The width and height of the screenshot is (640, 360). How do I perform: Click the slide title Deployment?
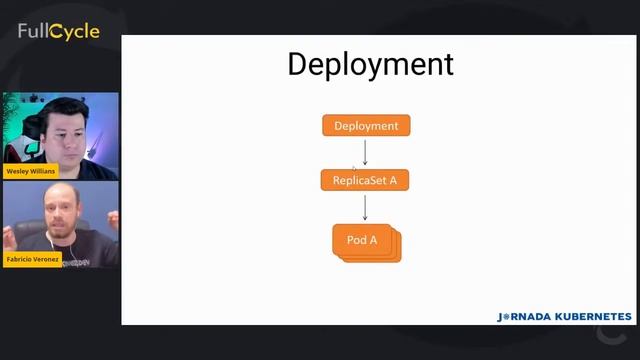(x=370, y=64)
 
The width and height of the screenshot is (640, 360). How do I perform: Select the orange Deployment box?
(x=366, y=126)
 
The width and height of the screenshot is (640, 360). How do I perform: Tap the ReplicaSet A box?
(x=365, y=181)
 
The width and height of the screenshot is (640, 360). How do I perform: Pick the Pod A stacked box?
(x=365, y=241)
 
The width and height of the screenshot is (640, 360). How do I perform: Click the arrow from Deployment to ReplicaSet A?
(x=365, y=152)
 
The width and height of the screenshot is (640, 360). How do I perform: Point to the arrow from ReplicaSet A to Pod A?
(x=365, y=207)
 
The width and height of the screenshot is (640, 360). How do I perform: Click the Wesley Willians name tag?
(x=32, y=171)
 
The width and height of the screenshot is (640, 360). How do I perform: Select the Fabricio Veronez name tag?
(x=33, y=259)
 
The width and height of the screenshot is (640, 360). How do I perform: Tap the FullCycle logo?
(x=58, y=32)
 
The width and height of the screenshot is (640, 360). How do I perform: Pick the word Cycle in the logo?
(x=76, y=32)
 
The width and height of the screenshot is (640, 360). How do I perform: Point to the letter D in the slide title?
(x=298, y=64)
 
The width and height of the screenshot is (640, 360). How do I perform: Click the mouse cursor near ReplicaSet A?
(x=353, y=167)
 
